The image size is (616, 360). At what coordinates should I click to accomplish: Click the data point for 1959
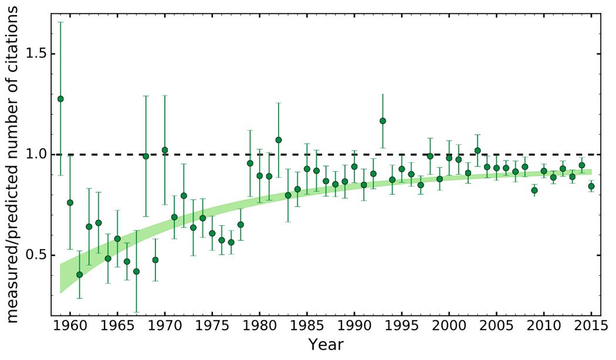60,99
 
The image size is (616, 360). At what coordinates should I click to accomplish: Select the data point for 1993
383,121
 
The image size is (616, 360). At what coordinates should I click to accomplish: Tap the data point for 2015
591,186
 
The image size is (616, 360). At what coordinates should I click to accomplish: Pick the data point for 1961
79,274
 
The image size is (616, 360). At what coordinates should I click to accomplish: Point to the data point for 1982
279,140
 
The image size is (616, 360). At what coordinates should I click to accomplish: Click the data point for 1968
145,156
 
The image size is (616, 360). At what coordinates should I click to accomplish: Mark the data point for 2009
534,190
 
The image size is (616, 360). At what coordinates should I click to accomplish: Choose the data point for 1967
136,271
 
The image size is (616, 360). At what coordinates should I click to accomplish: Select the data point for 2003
478,150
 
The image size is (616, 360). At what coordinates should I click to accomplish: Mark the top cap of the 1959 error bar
60,22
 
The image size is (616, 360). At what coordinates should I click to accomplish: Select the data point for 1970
165,150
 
